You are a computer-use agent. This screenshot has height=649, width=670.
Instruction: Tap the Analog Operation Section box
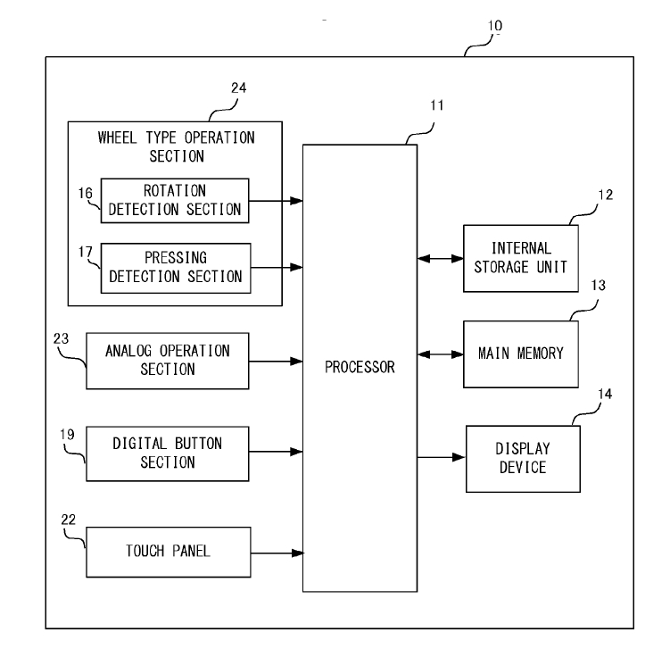point(167,360)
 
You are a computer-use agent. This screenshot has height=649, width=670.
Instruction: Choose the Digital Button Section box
point(167,453)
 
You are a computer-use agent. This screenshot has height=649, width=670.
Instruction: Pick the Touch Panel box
point(167,551)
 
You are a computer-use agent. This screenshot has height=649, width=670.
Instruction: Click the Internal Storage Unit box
point(521,258)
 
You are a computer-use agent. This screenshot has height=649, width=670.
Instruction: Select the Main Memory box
point(521,353)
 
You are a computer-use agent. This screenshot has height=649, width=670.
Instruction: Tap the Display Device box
point(522,458)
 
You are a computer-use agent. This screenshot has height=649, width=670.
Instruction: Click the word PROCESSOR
point(360,367)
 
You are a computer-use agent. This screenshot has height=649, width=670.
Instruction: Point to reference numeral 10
point(494,26)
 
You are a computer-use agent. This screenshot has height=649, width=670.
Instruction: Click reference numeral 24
point(237,88)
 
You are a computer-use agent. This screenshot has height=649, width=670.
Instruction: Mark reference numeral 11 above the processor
point(434,105)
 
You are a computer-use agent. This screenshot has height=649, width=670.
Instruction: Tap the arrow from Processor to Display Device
point(441,458)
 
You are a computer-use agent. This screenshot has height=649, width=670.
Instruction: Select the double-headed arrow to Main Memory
point(440,354)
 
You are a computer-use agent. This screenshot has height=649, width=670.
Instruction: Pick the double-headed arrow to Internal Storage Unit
point(440,259)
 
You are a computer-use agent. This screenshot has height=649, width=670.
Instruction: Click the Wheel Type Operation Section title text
point(176,146)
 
